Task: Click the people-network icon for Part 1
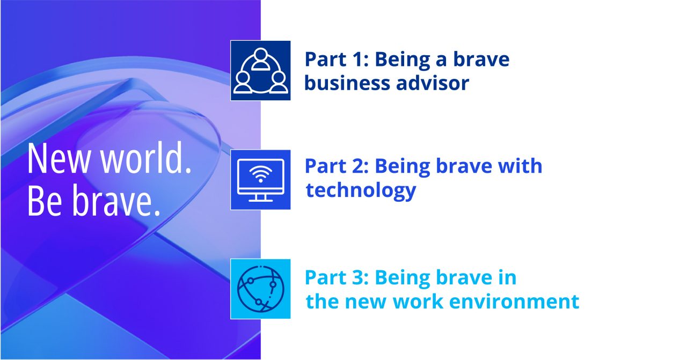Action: [260, 70]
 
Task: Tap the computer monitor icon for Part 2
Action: [260, 180]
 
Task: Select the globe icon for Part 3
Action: [261, 289]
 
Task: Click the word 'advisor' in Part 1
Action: [433, 83]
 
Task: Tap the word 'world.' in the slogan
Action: [146, 158]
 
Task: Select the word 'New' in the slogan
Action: [59, 159]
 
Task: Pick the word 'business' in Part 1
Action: [347, 83]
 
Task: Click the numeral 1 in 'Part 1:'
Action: [357, 59]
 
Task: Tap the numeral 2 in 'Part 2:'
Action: [357, 166]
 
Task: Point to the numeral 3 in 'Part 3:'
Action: [357, 278]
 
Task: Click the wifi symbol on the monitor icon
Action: [260, 174]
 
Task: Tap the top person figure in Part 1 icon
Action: [260, 59]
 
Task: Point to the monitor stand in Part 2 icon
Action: [260, 198]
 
